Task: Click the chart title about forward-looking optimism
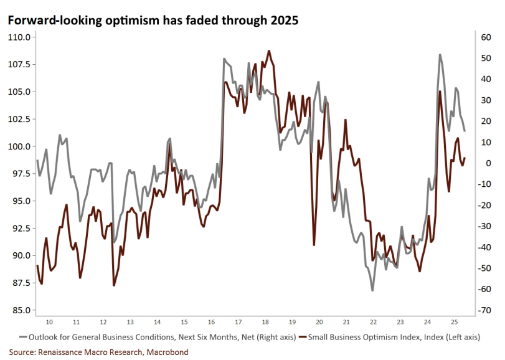153,21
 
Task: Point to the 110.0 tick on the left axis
19,37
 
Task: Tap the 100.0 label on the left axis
19,146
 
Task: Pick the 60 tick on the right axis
486,37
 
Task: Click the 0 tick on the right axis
486,163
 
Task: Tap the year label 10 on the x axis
49,322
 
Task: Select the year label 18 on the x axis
265,322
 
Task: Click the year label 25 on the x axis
455,322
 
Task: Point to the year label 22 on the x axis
373,322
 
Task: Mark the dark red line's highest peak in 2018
269,51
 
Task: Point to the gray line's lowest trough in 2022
372,290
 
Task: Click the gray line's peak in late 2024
440,55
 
